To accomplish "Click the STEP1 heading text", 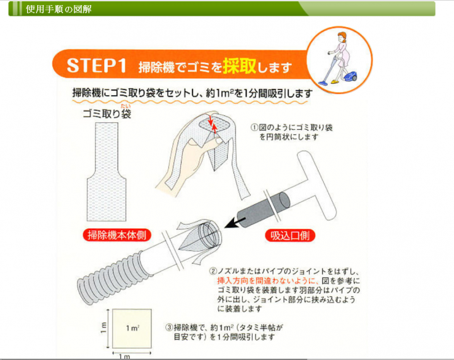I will click(x=95, y=66).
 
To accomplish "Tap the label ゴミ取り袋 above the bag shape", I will click(x=107, y=113).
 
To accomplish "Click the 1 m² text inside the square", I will click(x=132, y=328).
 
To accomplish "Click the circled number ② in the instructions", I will click(x=213, y=270).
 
